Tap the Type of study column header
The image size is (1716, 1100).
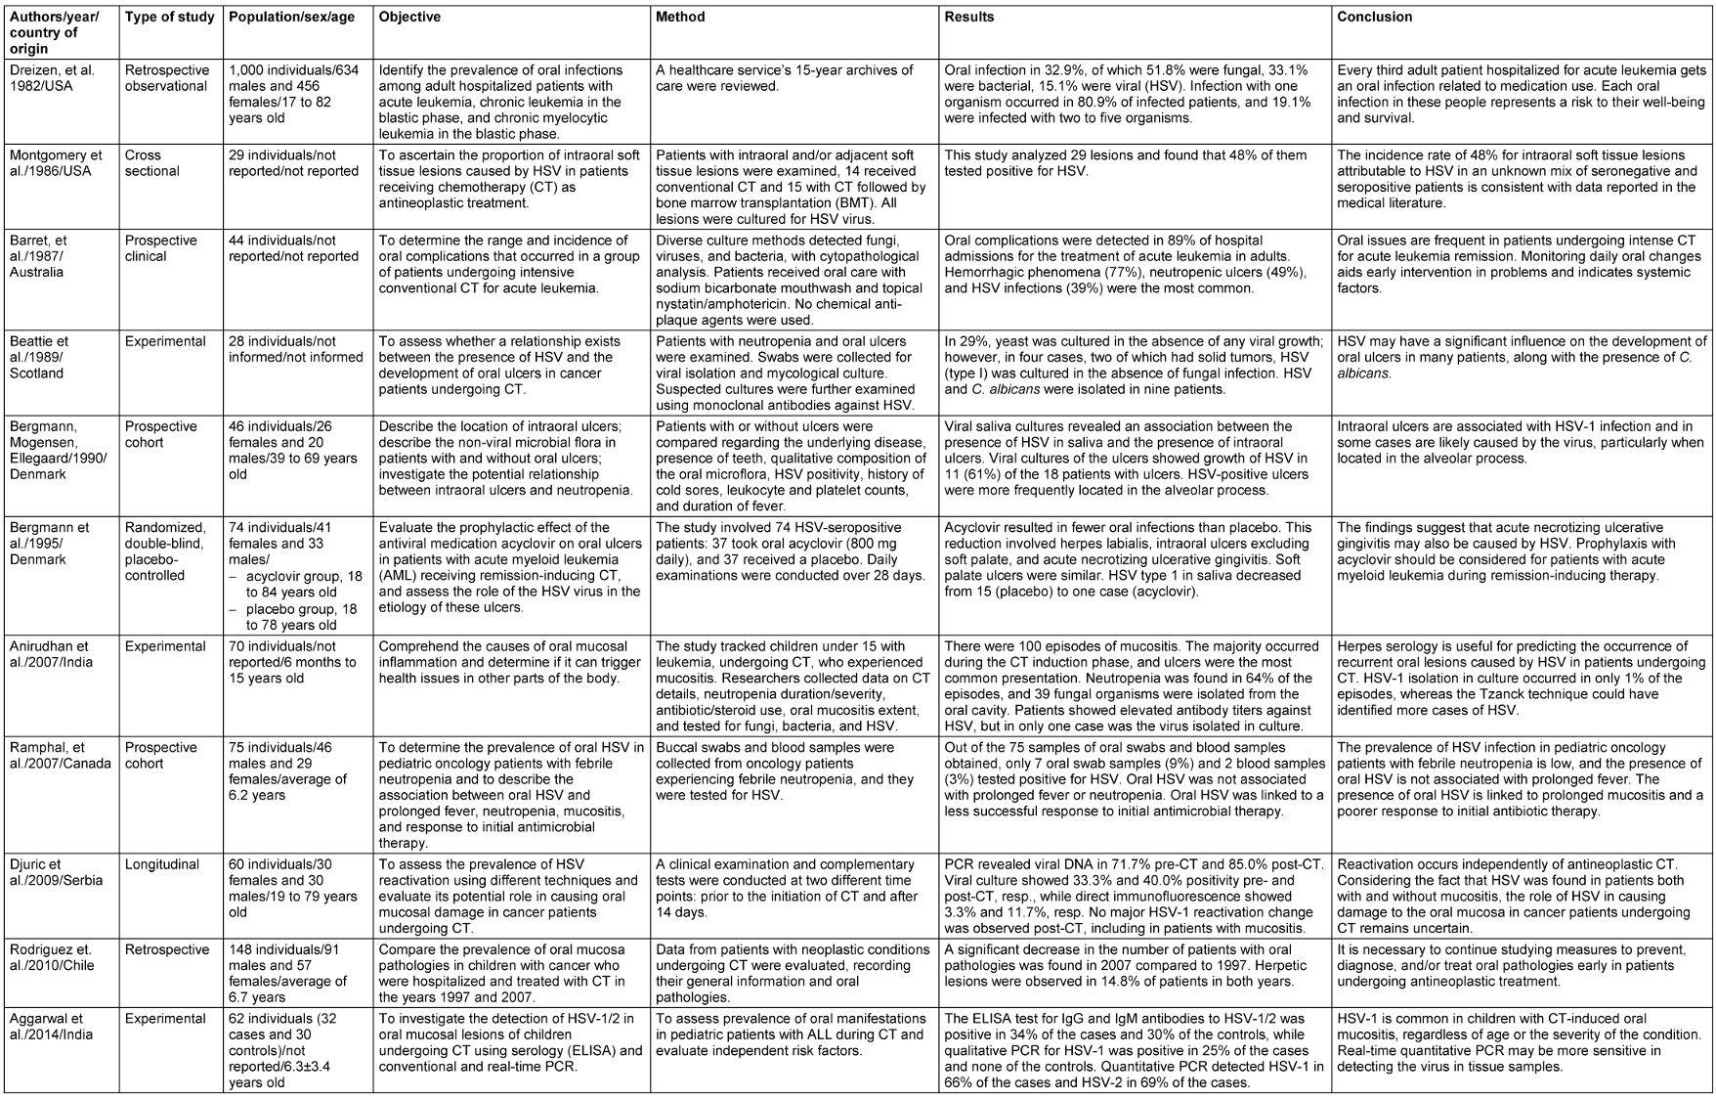pos(169,18)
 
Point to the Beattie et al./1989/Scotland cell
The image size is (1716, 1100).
pos(45,357)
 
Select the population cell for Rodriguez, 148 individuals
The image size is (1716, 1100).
pos(290,974)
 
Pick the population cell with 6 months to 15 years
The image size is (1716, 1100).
pos(290,662)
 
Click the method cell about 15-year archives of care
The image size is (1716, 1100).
pos(785,78)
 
